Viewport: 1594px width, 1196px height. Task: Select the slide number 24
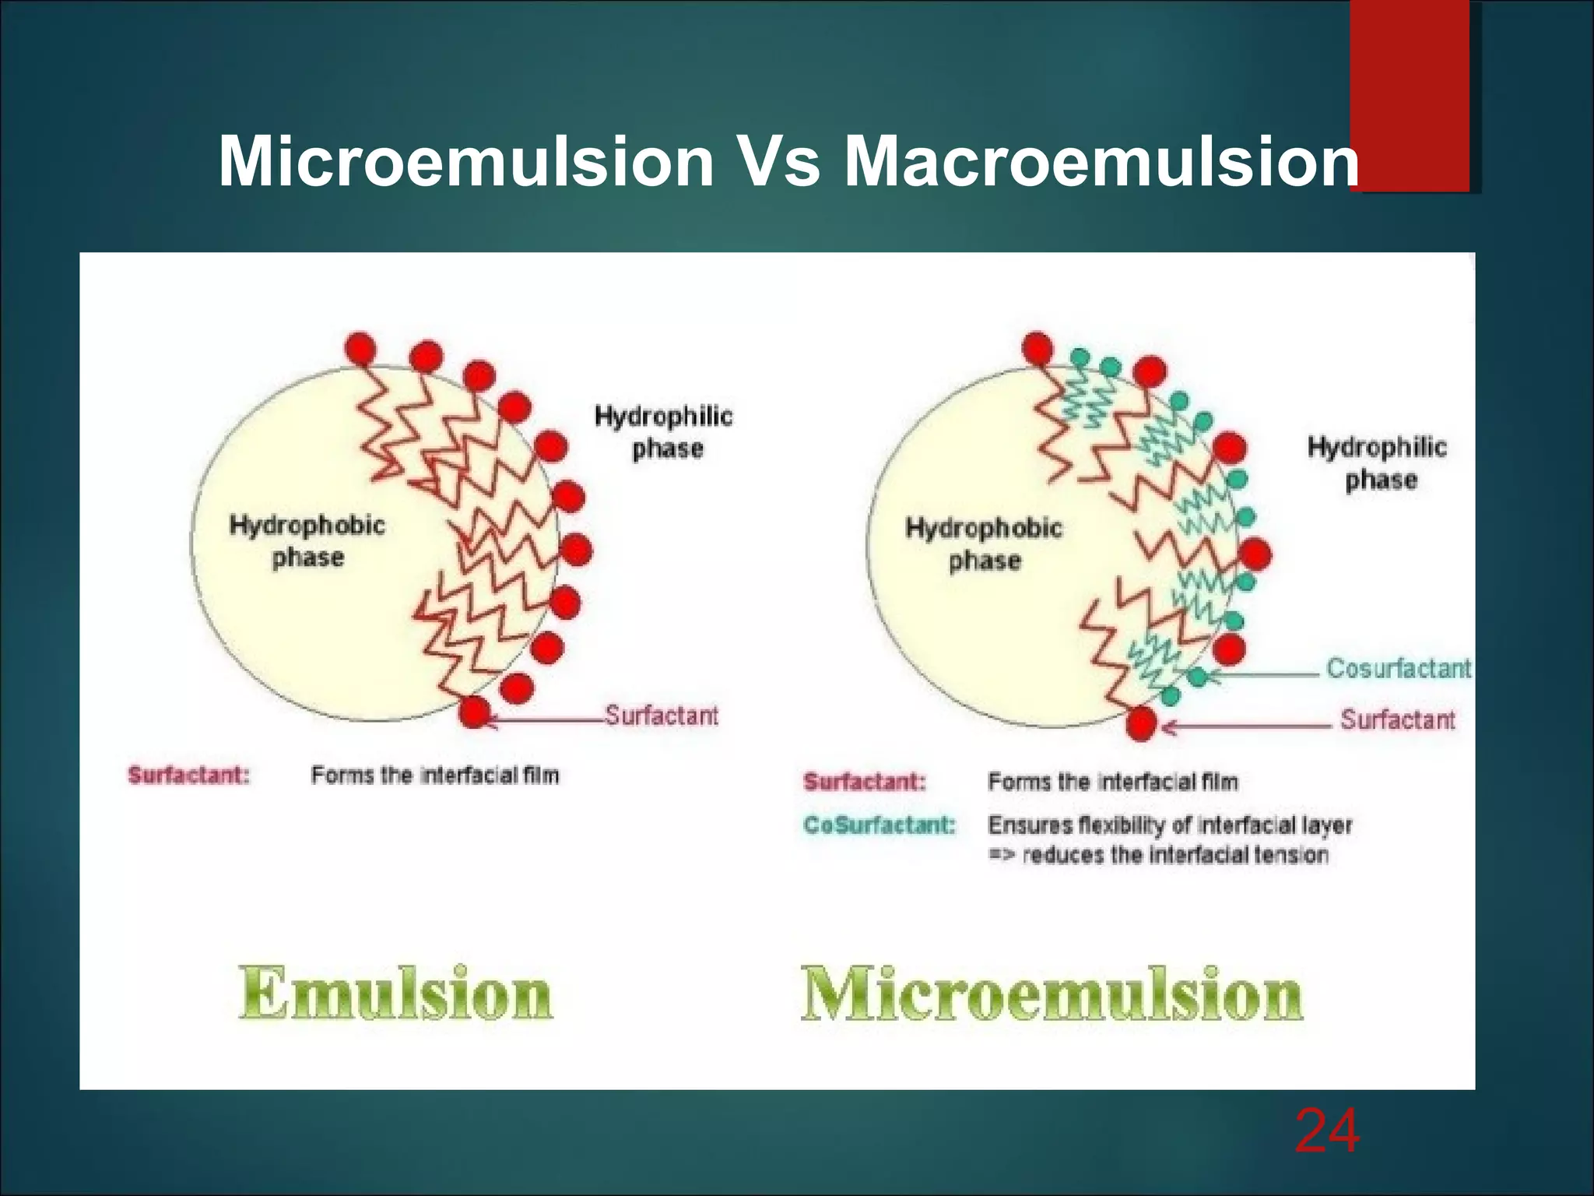pyautogui.click(x=1327, y=1131)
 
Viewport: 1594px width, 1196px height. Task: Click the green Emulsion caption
pyautogui.click(x=395, y=993)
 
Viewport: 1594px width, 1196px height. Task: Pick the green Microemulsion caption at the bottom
pyautogui.click(x=1052, y=994)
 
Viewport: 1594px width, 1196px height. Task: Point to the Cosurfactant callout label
pyautogui.click(x=1398, y=668)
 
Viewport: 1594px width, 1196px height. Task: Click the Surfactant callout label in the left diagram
pyautogui.click(x=662, y=716)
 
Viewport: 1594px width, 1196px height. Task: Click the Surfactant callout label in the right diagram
pyautogui.click(x=1397, y=719)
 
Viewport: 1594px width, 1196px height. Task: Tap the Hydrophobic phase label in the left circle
pyautogui.click(x=307, y=541)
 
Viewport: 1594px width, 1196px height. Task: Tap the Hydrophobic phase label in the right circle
pyautogui.click(x=984, y=544)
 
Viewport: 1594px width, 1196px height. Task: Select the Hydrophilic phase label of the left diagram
pyautogui.click(x=664, y=432)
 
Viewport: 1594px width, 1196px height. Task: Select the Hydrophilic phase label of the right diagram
pyautogui.click(x=1378, y=463)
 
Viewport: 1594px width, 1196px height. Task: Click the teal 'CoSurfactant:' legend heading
pyautogui.click(x=879, y=825)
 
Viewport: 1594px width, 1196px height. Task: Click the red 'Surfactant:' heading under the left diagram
pyautogui.click(x=189, y=776)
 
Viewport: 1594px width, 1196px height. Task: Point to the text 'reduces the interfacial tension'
pyautogui.click(x=1174, y=855)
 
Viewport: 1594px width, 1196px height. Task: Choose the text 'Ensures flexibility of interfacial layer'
pyautogui.click(x=1170, y=825)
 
